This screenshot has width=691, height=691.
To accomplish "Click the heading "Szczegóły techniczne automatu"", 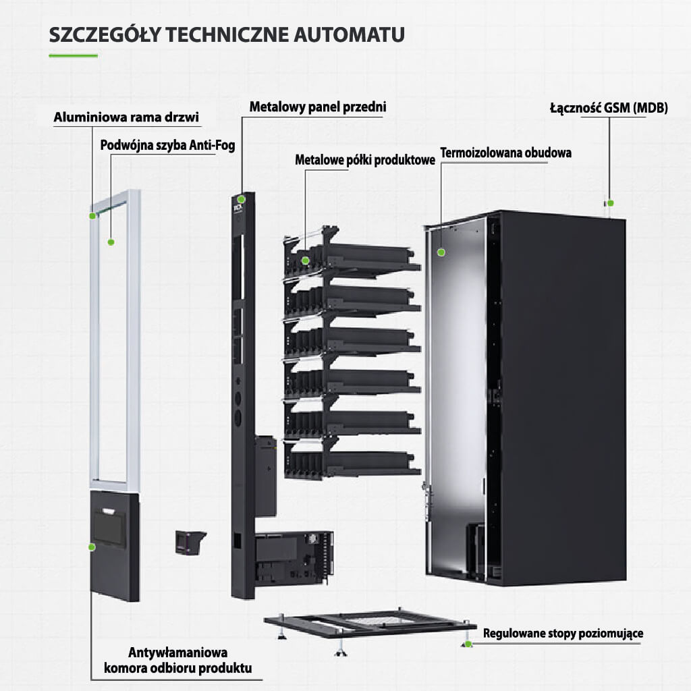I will pos(227,34).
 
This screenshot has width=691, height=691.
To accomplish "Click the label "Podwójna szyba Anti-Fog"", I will pos(167,145).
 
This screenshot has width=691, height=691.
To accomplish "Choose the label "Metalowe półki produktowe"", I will pos(365,161).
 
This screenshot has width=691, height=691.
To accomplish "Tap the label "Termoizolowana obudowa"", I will pos(506,153).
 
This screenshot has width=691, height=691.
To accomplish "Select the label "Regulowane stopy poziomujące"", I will pos(563,634).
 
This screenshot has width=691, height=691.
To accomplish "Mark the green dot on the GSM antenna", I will pos(610,202).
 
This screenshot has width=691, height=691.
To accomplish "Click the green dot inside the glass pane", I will pos(111,241).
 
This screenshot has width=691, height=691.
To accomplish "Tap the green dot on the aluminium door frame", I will pos(92,216).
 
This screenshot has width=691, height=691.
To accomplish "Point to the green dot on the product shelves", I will pos(306,260).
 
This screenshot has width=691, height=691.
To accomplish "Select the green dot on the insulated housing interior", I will pos(441,252).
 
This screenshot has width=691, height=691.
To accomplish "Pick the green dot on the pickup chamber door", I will pos(92,546).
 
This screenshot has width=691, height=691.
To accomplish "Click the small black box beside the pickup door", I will pos(190,541).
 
